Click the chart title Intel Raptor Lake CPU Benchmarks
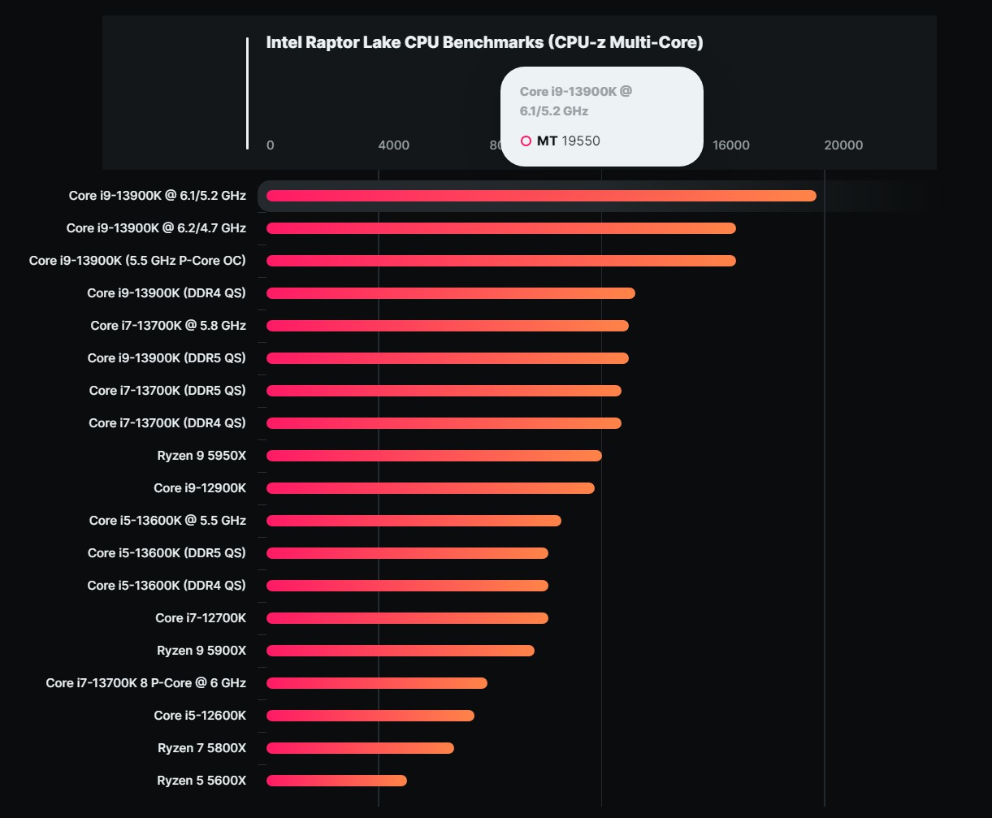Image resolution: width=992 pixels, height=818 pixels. [484, 43]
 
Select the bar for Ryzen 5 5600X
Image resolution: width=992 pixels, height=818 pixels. [336, 781]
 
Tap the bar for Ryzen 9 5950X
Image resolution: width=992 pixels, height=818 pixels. [434, 456]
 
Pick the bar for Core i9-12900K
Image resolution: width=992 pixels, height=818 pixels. [431, 488]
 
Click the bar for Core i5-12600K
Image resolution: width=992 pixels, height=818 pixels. [370, 716]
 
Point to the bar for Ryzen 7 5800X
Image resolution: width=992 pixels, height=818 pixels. [360, 748]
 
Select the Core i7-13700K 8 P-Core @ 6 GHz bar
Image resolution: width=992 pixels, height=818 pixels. [377, 683]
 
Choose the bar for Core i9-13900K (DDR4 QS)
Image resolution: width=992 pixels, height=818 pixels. [451, 293]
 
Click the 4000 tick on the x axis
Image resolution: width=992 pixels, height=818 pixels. [394, 145]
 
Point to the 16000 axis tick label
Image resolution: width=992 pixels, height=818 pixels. [731, 145]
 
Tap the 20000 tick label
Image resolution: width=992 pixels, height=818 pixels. [843, 145]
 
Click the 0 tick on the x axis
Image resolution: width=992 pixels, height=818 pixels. [271, 145]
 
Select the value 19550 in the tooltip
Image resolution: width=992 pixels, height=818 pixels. [581, 141]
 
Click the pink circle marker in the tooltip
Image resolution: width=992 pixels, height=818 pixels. [526, 141]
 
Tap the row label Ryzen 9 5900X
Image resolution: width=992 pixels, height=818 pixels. [201, 651]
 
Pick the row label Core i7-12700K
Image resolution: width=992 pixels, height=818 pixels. [201, 618]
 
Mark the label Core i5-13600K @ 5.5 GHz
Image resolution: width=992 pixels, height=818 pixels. [167, 521]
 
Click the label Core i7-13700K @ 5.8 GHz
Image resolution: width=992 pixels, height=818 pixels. [168, 326]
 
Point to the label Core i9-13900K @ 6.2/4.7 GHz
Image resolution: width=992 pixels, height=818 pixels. [156, 228]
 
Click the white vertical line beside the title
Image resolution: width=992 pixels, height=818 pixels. [247, 93]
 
